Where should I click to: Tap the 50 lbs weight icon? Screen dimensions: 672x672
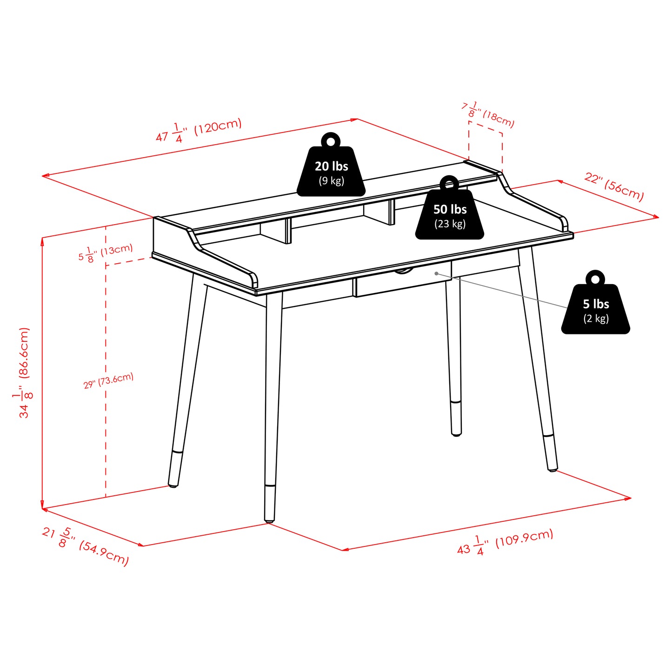pyautogui.click(x=450, y=214)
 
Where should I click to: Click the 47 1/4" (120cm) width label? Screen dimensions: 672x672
pyautogui.click(x=199, y=130)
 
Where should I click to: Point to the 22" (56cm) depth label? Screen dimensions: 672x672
pyautogui.click(x=614, y=186)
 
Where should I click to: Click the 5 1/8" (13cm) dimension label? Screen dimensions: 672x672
pyautogui.click(x=106, y=252)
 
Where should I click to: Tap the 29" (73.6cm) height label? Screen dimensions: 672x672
pyautogui.click(x=108, y=381)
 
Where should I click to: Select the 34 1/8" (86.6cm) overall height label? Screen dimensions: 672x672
pyautogui.click(x=24, y=373)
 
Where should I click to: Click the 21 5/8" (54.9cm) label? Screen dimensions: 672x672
pyautogui.click(x=85, y=546)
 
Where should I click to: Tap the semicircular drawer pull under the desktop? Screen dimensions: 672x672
pyautogui.click(x=403, y=271)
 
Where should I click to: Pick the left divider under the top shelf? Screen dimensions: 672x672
pyautogui.click(x=288, y=231)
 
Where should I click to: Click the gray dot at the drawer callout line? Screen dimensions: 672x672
pyautogui.click(x=436, y=273)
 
